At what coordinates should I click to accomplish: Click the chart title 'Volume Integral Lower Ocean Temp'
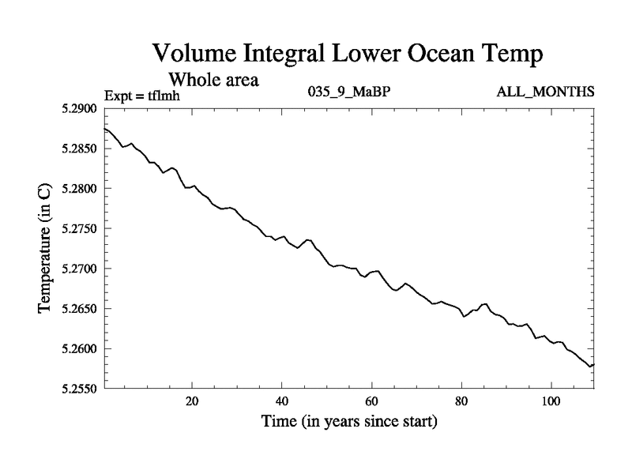tap(348, 55)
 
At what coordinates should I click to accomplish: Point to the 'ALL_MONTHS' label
tap(545, 92)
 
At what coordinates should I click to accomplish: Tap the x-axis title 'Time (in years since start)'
tap(348, 422)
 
